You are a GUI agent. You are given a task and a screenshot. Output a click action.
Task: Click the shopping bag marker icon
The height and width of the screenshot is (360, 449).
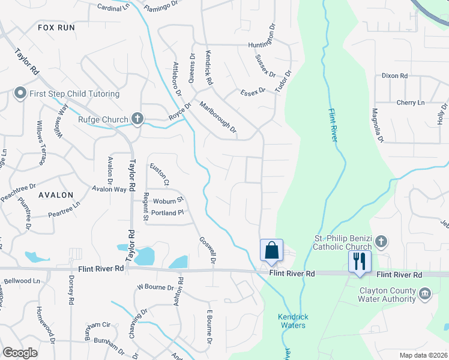(271, 250)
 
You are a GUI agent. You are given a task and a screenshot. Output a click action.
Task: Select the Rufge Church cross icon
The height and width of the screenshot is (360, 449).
(137, 119)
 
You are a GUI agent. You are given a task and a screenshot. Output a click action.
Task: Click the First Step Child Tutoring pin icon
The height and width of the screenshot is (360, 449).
(20, 94)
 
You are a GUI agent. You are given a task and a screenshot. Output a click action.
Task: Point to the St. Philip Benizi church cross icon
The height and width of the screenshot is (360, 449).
(381, 242)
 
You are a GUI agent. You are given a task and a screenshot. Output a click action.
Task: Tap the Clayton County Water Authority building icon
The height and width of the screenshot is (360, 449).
(425, 294)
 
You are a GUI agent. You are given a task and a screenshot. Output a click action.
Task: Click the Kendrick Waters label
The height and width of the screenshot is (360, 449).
(292, 321)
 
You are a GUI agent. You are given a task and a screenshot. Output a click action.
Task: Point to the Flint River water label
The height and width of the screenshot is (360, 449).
(333, 125)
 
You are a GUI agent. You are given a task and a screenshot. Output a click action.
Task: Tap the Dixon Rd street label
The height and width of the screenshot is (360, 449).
(394, 76)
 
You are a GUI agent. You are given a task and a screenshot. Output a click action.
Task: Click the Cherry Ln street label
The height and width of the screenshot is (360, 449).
(410, 103)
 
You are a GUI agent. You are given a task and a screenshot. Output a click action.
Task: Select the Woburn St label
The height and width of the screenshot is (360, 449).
(168, 200)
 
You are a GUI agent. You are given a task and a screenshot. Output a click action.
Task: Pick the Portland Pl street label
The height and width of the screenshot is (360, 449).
(167, 213)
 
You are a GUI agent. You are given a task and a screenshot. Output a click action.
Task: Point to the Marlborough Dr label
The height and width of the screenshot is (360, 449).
(218, 116)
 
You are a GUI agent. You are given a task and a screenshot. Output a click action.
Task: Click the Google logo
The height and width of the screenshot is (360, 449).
(20, 353)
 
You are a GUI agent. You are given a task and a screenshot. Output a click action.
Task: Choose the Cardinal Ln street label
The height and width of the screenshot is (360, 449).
(113, 7)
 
